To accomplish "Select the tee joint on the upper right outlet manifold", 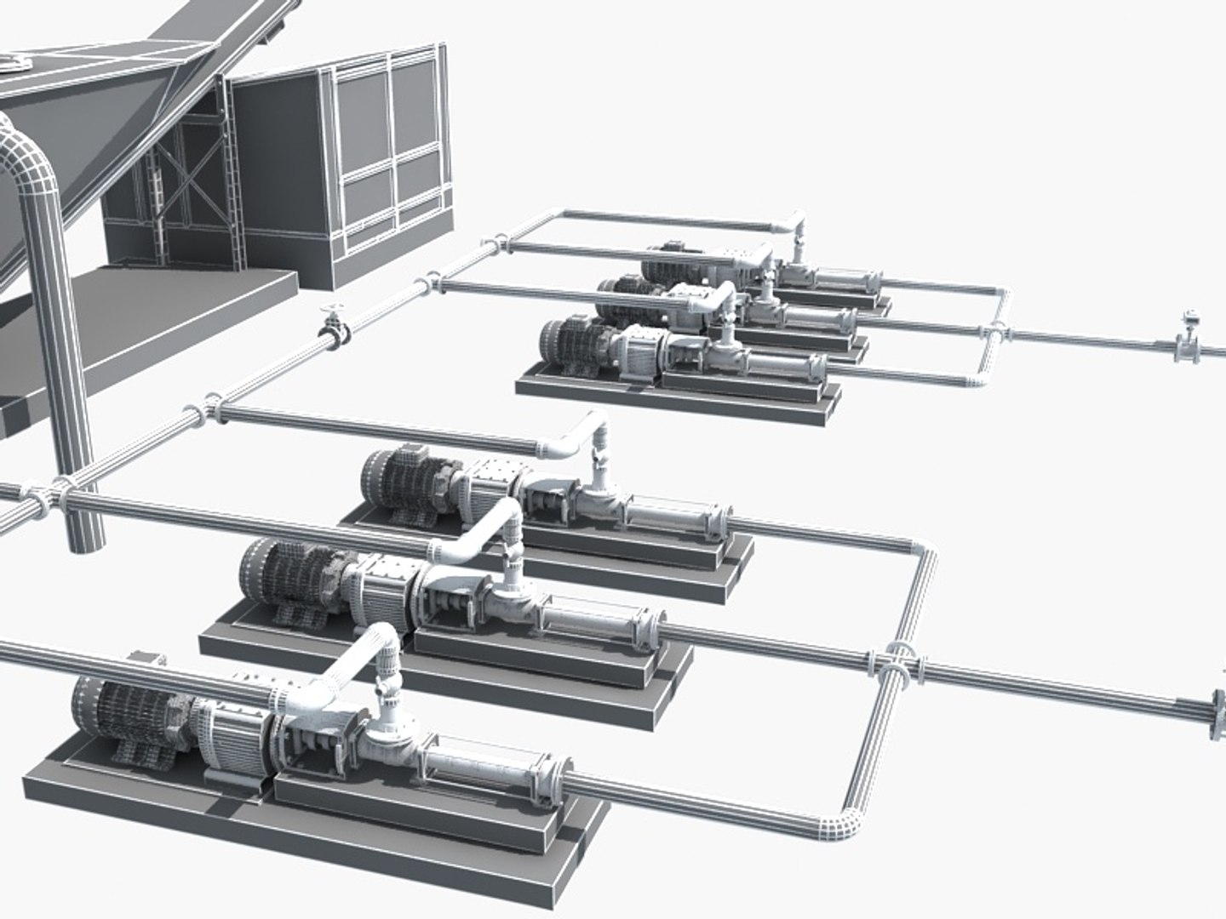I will [x=994, y=333].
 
